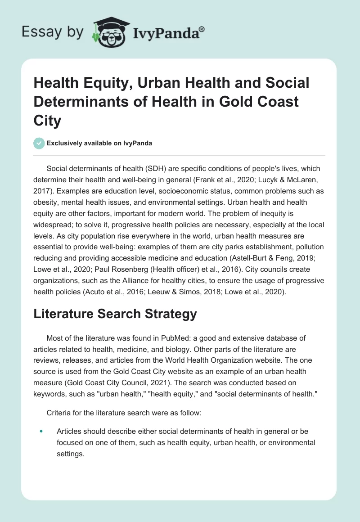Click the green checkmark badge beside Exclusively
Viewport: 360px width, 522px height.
coord(39,143)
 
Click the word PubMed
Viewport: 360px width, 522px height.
coord(178,338)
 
